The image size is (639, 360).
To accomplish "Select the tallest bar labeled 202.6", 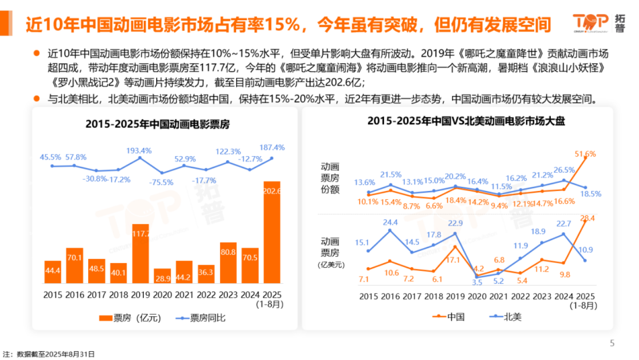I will (272, 232).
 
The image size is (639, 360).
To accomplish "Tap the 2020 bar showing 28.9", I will (162, 276).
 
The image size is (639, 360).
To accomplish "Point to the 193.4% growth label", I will (139, 151).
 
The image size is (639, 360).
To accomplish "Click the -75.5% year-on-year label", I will (162, 182).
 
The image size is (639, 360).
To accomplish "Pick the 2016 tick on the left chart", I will (75, 295).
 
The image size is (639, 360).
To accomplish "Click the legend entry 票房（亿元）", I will (130, 318).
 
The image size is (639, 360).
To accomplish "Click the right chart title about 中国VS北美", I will (466, 122).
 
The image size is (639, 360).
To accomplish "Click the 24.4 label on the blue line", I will (390, 222).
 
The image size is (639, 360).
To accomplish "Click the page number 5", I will (612, 343).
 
